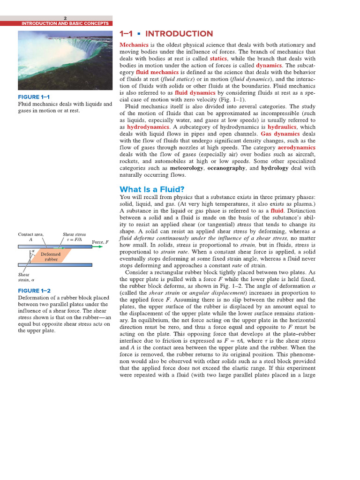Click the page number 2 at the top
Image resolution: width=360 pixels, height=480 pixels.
tap(65, 18)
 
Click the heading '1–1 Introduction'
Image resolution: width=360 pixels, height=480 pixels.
tap(166, 34)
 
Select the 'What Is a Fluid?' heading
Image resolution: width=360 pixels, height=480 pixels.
tap(152, 189)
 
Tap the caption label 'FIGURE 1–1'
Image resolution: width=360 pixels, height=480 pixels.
tap(33, 97)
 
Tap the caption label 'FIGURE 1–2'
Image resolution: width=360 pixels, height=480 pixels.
tap(33, 291)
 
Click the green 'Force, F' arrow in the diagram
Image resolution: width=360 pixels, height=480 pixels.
tap(97, 247)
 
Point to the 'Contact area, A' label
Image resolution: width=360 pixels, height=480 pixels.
tap(30, 236)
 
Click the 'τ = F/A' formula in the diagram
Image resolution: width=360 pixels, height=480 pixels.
tap(74, 239)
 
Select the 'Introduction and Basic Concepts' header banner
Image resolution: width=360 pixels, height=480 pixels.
tap(65, 23)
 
